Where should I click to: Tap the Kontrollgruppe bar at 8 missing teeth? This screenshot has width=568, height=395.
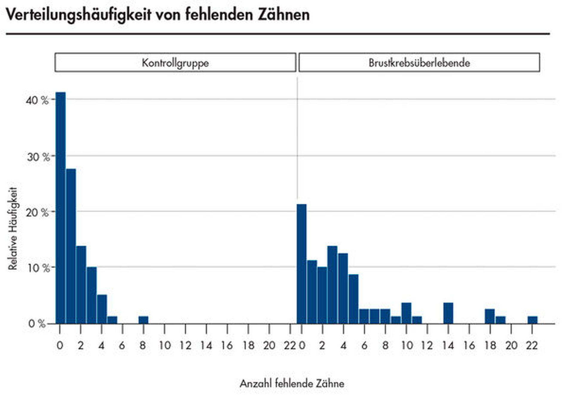point(143,320)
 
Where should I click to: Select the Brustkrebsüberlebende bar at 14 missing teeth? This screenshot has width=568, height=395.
point(448,313)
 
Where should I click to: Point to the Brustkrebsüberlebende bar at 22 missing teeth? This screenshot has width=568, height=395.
point(532,320)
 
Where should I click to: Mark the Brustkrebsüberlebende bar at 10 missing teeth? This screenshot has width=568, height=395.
point(406,313)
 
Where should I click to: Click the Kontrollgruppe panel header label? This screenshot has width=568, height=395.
point(175,63)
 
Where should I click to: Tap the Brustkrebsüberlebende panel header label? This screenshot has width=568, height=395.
point(419,63)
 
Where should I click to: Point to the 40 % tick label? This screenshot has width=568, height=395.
point(37,100)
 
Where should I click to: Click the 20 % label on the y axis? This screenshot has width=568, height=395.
point(37,213)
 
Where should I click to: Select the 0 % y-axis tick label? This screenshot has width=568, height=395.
point(37,324)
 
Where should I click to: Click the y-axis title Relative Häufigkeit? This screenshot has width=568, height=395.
point(13,228)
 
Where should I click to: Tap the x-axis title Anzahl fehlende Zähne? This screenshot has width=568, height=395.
point(292,383)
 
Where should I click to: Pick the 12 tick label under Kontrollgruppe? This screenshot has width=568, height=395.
point(185,346)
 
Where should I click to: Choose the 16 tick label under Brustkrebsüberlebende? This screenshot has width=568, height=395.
point(469,346)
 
